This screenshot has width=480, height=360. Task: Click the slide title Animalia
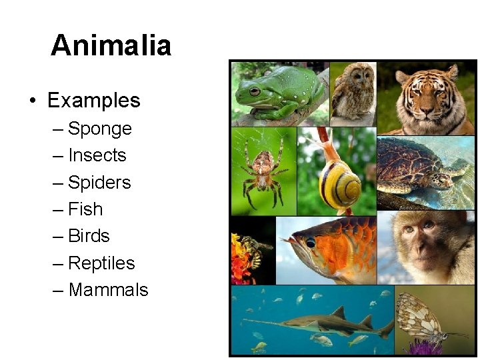111,45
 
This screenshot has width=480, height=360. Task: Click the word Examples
93,101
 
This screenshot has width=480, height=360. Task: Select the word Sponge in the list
100,129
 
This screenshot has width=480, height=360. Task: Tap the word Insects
97,155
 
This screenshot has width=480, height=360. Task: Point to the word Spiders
99,182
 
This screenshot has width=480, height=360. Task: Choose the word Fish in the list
85,209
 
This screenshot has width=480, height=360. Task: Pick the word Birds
89,236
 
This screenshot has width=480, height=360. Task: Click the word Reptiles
101,263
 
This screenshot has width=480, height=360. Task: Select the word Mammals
108,290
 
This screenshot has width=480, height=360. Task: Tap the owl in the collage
353,93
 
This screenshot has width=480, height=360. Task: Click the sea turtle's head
441,179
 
